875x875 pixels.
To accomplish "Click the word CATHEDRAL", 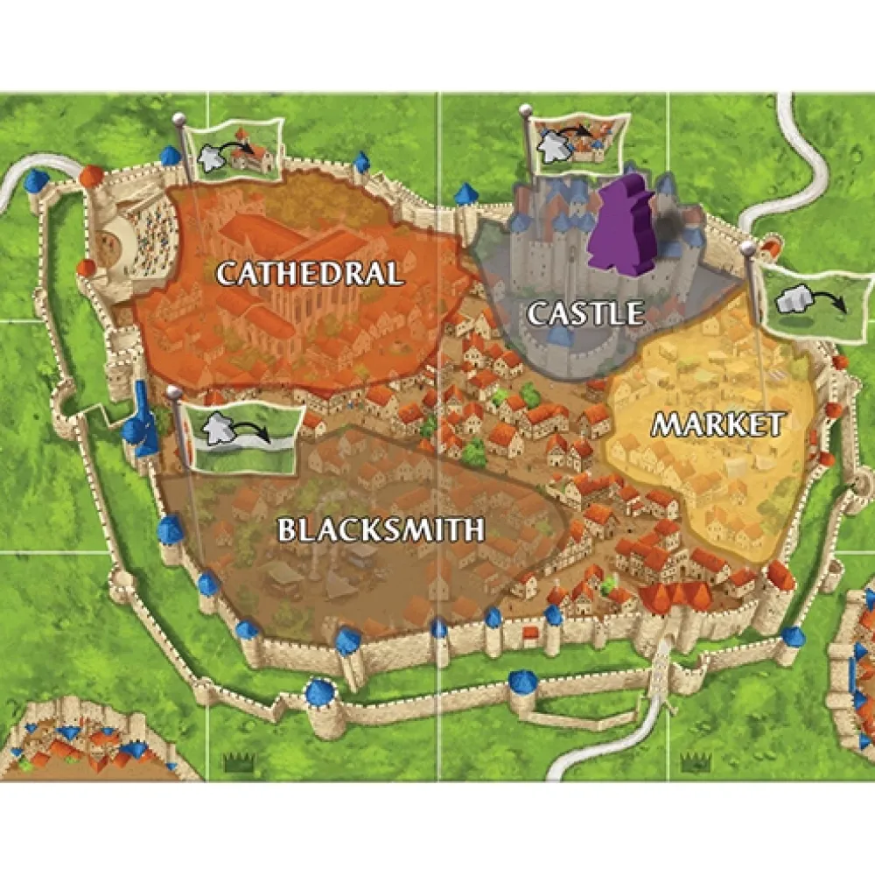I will click(x=309, y=273).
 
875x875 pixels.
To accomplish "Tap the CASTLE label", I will click(x=584, y=312).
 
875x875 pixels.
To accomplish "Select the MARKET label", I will click(x=717, y=425).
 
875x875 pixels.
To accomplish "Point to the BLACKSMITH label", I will click(x=381, y=528).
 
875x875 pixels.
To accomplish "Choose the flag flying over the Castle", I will click(x=578, y=144).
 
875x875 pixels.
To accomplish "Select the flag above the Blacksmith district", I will click(x=242, y=431).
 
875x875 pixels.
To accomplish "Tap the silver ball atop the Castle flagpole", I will click(x=525, y=109).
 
